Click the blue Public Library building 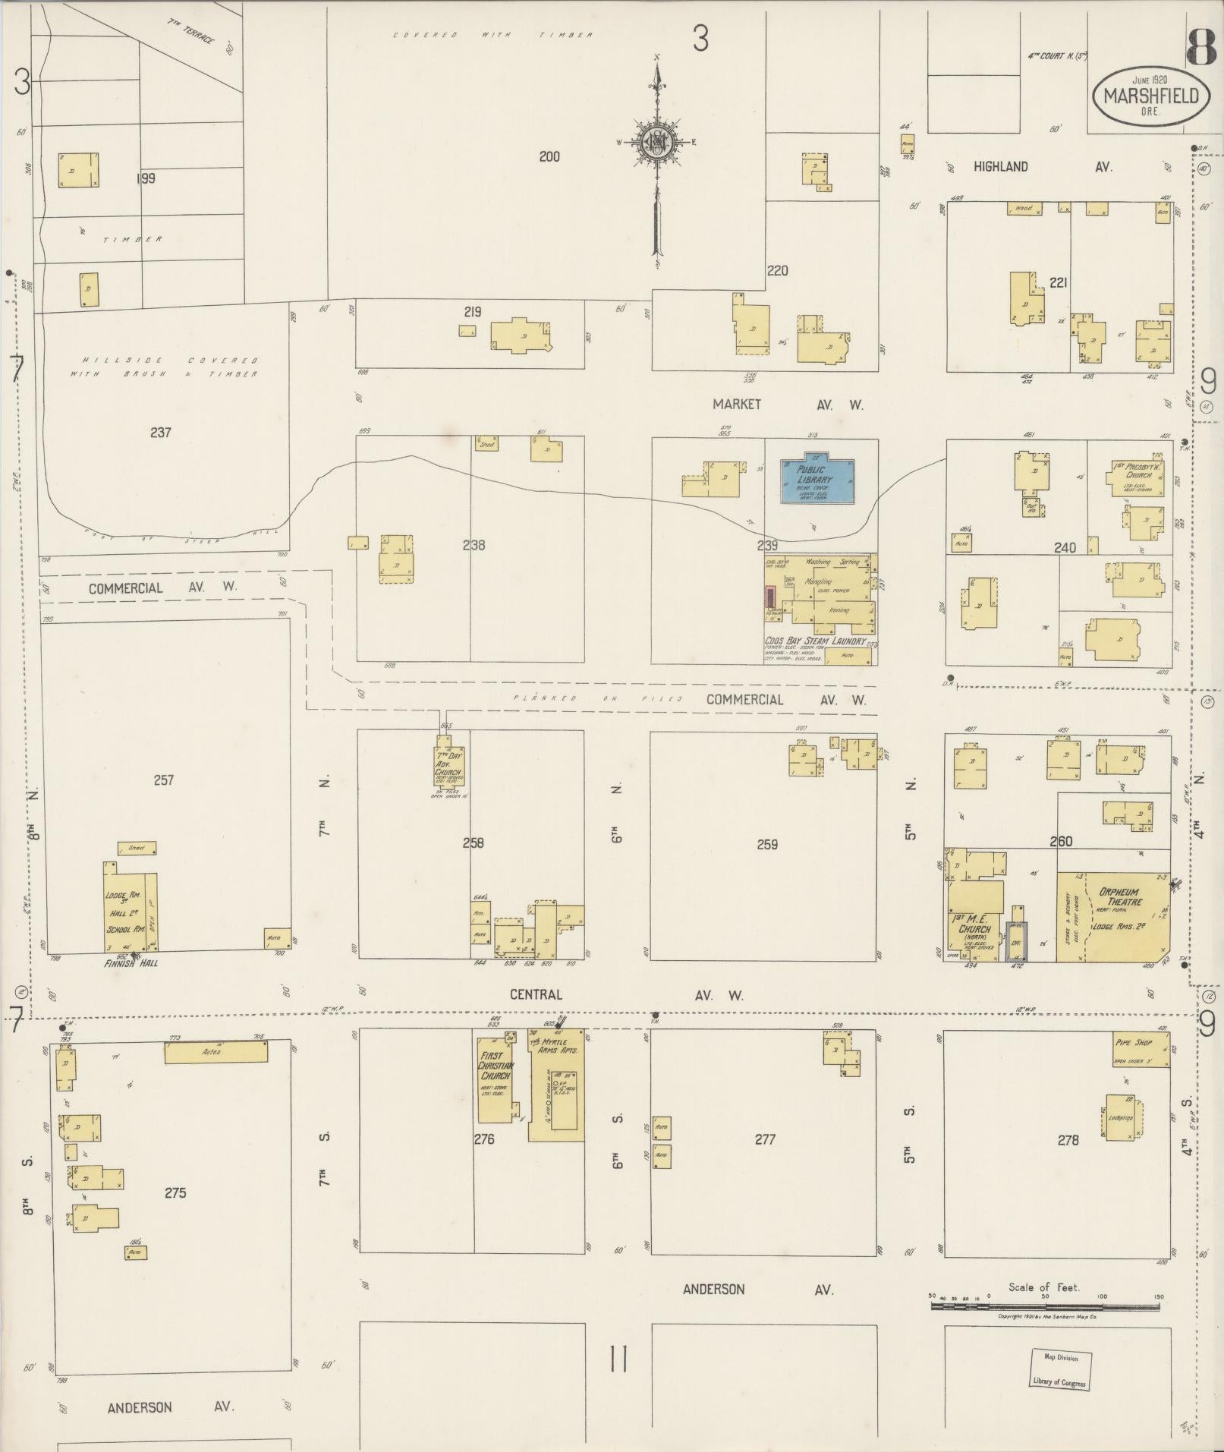(x=817, y=480)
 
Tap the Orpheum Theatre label (x=1120, y=897)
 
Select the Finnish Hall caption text (x=131, y=963)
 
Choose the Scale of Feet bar (x=1046, y=1306)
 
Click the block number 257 (x=164, y=780)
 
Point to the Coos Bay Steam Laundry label (x=815, y=641)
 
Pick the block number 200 (x=549, y=156)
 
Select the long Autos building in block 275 (x=216, y=1053)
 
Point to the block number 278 (x=1068, y=1139)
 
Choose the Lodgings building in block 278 (x=1121, y=1117)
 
